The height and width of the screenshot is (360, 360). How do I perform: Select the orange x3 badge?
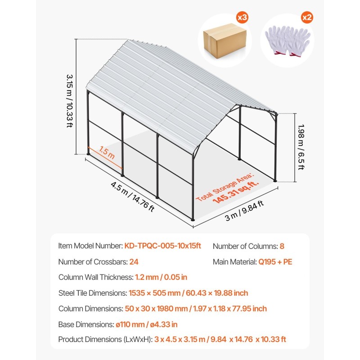tap(242, 18)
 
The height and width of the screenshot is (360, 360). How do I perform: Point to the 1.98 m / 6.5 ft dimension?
tap(301, 147)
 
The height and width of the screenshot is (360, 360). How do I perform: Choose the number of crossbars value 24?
tap(134, 262)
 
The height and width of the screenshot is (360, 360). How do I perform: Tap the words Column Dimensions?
tap(90, 309)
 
